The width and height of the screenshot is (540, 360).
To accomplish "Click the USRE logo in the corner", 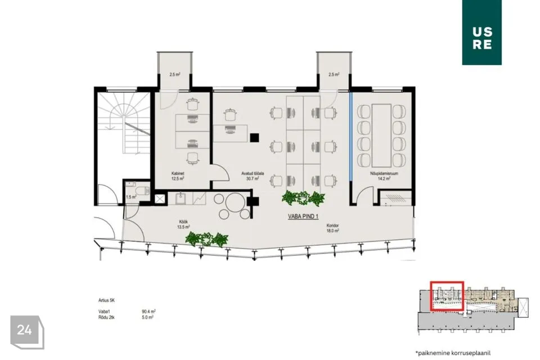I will (481, 32).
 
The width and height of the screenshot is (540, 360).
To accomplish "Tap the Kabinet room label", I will (179, 176).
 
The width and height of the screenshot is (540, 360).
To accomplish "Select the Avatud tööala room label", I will (250, 176).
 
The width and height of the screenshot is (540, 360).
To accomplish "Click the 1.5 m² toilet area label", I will (130, 197).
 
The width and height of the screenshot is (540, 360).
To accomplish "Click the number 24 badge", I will (25, 330).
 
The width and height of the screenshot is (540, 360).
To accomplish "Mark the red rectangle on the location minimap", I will (447, 296).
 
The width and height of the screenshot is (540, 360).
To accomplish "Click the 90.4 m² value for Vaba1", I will (149, 310).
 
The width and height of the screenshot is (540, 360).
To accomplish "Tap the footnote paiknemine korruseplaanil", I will (450, 353).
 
